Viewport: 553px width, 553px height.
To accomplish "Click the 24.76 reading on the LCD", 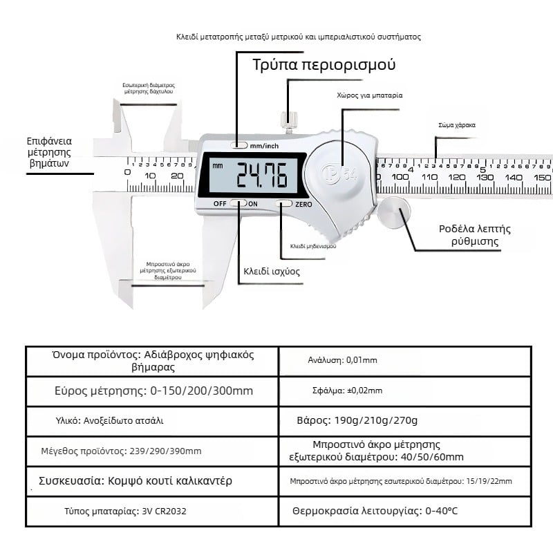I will click(x=262, y=176).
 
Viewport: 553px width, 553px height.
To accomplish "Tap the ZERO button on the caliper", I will click(x=284, y=204).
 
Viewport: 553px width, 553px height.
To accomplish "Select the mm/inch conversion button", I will click(x=239, y=146).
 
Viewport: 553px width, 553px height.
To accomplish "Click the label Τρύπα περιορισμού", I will click(x=324, y=66).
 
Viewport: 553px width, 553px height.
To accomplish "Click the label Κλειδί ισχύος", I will click(x=271, y=271).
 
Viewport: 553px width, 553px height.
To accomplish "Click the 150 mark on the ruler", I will click(x=542, y=177).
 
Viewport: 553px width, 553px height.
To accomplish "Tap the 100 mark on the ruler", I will click(x=400, y=177).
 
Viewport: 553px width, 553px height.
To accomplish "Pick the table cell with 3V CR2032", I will click(x=152, y=512).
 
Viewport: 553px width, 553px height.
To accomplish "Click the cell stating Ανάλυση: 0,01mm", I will click(x=404, y=360).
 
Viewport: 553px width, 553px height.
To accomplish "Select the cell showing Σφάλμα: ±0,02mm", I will click(x=404, y=391).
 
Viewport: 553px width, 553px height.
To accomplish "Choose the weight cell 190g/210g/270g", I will click(x=404, y=420).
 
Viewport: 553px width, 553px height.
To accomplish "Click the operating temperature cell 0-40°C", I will click(x=404, y=512).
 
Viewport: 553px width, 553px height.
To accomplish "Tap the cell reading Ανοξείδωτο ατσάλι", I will click(x=152, y=420).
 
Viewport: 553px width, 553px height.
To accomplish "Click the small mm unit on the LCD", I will click(x=218, y=166).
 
